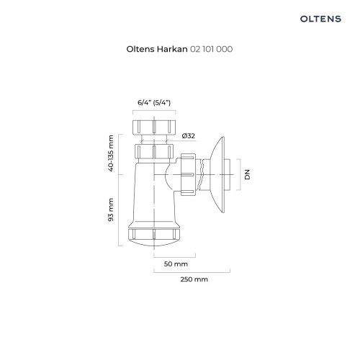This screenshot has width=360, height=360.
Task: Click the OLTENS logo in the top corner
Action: coord(320,19)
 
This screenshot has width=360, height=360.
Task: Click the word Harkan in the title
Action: coord(172,49)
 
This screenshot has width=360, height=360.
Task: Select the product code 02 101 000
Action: coord(211,49)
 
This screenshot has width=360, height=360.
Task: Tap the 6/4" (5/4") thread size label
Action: coord(154,102)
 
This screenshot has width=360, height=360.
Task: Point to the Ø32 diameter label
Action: coord(189,136)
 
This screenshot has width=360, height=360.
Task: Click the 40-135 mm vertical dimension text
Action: coord(111,153)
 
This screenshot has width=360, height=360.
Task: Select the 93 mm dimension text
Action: coord(111,210)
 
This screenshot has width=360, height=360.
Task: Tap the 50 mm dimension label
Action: coord(176,264)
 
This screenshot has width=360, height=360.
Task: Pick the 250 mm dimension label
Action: coord(194,279)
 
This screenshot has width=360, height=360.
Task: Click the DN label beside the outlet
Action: coord(247,174)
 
